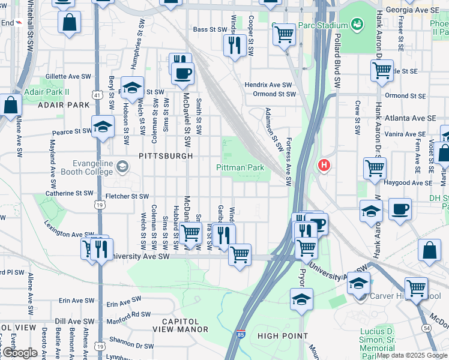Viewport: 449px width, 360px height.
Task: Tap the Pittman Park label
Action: coord(240,169)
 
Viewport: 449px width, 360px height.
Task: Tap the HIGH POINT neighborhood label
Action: coord(282,336)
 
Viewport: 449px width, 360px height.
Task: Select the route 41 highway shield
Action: coord(97,95)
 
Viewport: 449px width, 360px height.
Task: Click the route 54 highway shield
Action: coord(443,328)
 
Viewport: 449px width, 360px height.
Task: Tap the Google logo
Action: coord(20,353)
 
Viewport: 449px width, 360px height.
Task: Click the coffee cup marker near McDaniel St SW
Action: coord(182,74)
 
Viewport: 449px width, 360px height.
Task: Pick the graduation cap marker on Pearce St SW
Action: coord(103,127)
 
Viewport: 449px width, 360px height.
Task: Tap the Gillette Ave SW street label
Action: coord(67,77)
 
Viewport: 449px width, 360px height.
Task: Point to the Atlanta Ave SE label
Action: coord(411,118)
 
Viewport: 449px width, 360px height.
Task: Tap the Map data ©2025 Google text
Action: coord(412,355)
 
